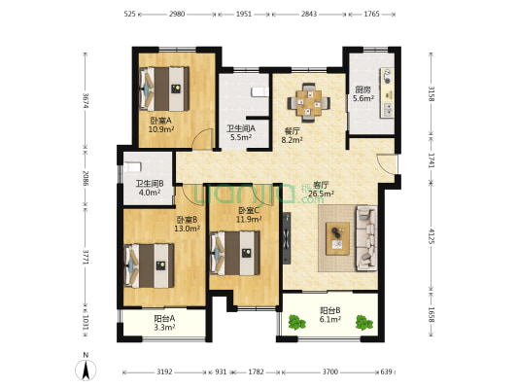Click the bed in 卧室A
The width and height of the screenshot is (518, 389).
point(165,88)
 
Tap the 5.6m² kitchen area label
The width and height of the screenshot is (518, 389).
point(363,99)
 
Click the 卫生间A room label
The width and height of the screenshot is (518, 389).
point(240,128)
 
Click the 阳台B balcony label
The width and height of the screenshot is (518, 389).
point(330,310)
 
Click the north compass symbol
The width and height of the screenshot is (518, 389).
point(86,367)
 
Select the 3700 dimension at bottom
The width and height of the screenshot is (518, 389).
point(330,372)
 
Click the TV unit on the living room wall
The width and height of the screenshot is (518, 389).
point(287,232)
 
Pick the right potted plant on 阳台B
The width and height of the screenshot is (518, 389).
point(365,321)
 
